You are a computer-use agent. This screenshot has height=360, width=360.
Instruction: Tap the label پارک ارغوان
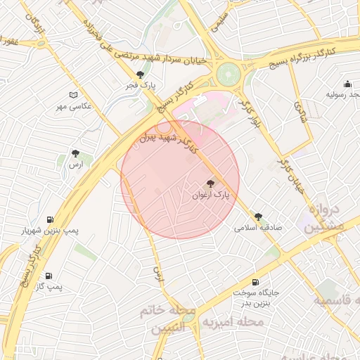[x=211, y=195]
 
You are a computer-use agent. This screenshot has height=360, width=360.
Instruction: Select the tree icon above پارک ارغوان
[x=211, y=183]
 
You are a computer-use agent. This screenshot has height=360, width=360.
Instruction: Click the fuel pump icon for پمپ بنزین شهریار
[x=50, y=219]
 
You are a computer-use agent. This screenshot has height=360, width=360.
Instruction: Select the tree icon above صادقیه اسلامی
[x=258, y=217]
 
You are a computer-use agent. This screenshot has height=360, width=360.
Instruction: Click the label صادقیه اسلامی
[x=258, y=229]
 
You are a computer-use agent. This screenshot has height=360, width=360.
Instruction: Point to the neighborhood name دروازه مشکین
[x=325, y=218]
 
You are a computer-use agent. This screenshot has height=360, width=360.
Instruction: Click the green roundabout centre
[x=229, y=73]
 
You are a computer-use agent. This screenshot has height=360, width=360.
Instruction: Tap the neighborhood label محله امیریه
[x=232, y=322]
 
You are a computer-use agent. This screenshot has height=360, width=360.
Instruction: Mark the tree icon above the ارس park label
[x=75, y=153]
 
